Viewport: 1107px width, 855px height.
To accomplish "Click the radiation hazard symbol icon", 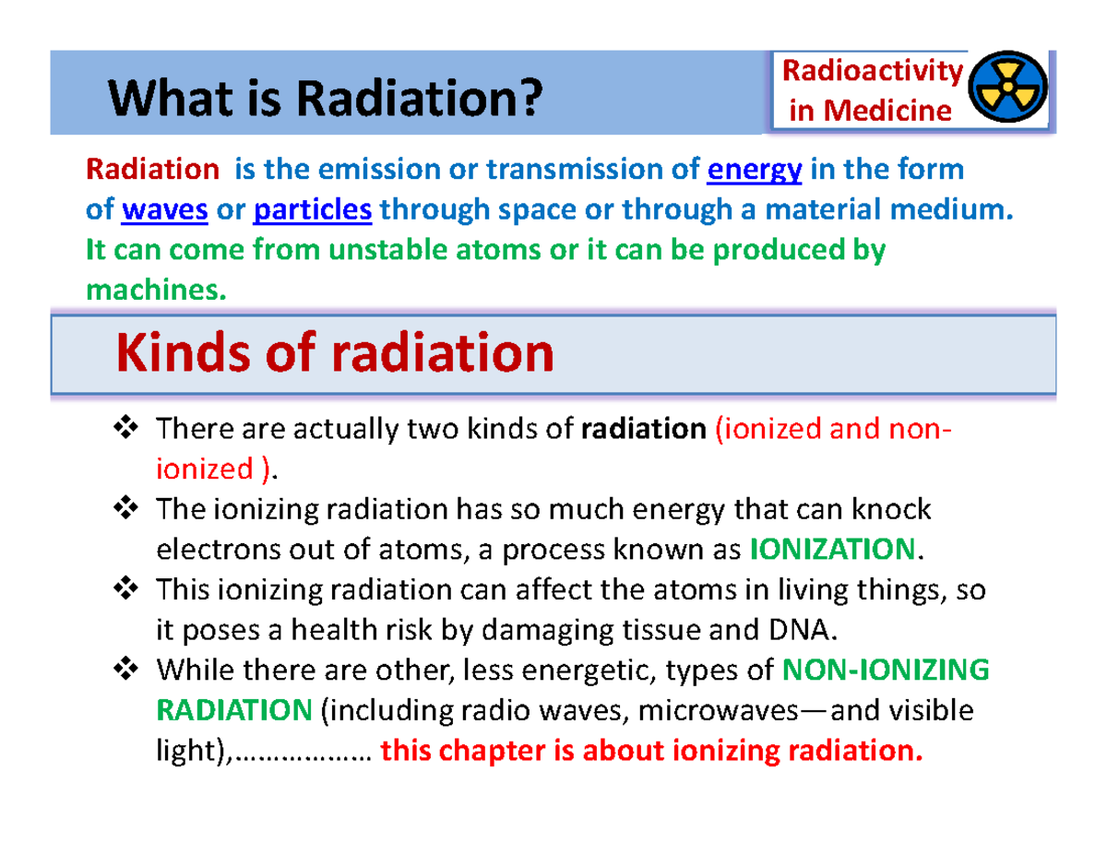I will click(1010, 90).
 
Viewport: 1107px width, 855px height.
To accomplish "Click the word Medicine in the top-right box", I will click(887, 112).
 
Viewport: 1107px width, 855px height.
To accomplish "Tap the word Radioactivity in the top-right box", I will click(873, 71).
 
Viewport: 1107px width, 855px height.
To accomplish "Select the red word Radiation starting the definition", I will click(152, 171).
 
